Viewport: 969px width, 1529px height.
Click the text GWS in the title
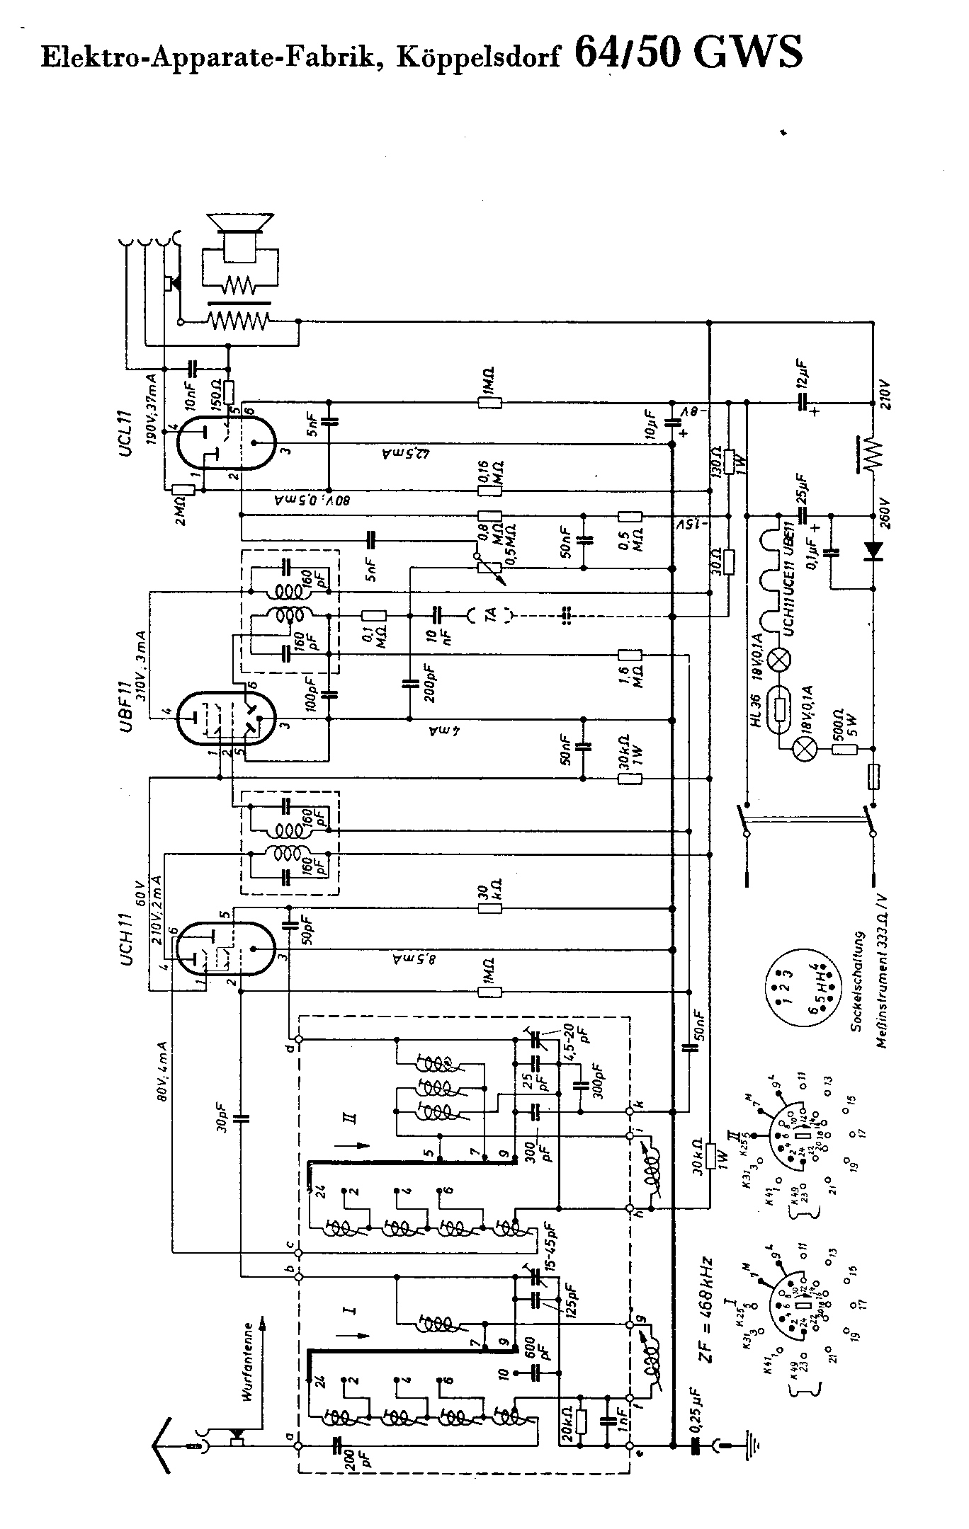pyautogui.click(x=748, y=51)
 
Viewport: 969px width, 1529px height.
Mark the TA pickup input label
pyautogui.click(x=489, y=617)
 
